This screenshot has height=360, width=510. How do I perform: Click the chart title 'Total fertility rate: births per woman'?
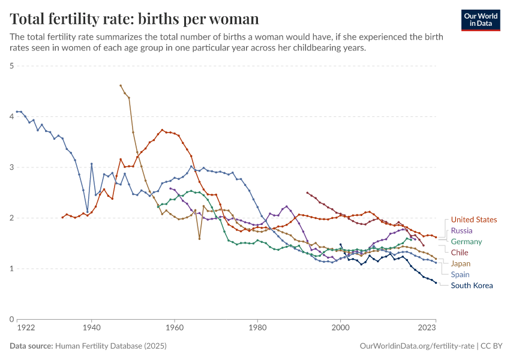coord(135,19)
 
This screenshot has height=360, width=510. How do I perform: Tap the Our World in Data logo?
coord(480,19)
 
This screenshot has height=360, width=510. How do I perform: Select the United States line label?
coord(474,220)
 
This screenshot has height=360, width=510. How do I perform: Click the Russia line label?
coord(461,231)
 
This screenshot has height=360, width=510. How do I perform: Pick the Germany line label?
coord(467,242)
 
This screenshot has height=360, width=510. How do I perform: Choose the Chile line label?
coord(460,253)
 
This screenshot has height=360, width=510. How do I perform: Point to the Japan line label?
coord(461,263)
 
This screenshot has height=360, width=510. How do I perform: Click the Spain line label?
coord(460,274)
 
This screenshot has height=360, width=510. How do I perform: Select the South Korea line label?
coord(472,286)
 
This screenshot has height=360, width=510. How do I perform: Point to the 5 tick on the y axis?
coord(11,66)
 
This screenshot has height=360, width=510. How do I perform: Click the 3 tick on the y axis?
coord(11,167)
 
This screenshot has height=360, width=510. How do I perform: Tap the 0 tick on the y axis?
coord(11,319)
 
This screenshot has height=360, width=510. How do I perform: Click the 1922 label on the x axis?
coord(25,328)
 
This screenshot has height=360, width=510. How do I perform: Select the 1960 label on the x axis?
coord(175,328)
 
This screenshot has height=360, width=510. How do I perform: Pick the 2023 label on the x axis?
coord(427,328)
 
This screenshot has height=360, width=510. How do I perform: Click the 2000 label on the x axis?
coord(341,328)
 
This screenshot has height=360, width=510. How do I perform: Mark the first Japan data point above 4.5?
coord(121,85)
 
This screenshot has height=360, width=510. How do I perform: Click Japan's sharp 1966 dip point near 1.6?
coord(199,238)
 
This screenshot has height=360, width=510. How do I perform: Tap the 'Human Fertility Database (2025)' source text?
coord(111,346)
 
